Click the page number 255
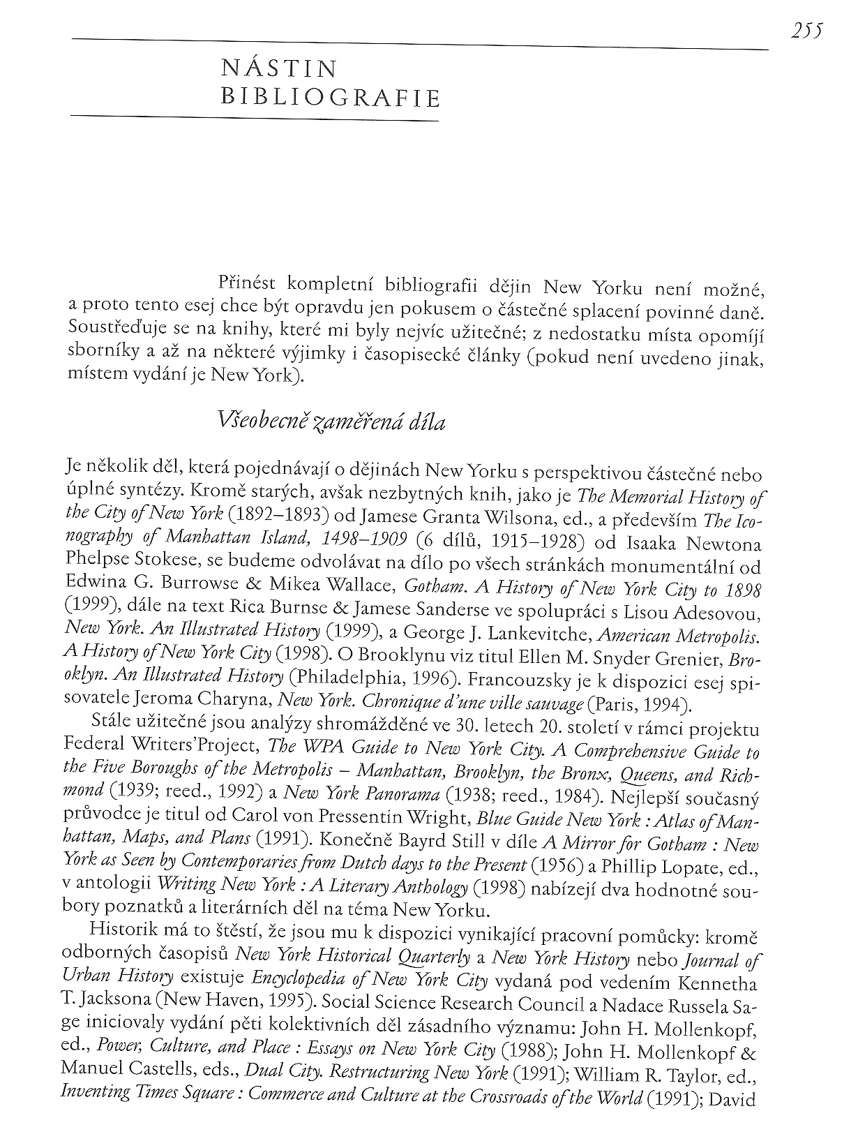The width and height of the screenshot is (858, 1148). click(x=808, y=31)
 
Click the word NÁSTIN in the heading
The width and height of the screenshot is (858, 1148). click(x=278, y=69)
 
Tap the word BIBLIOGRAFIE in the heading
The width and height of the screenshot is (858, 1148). click(x=330, y=97)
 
